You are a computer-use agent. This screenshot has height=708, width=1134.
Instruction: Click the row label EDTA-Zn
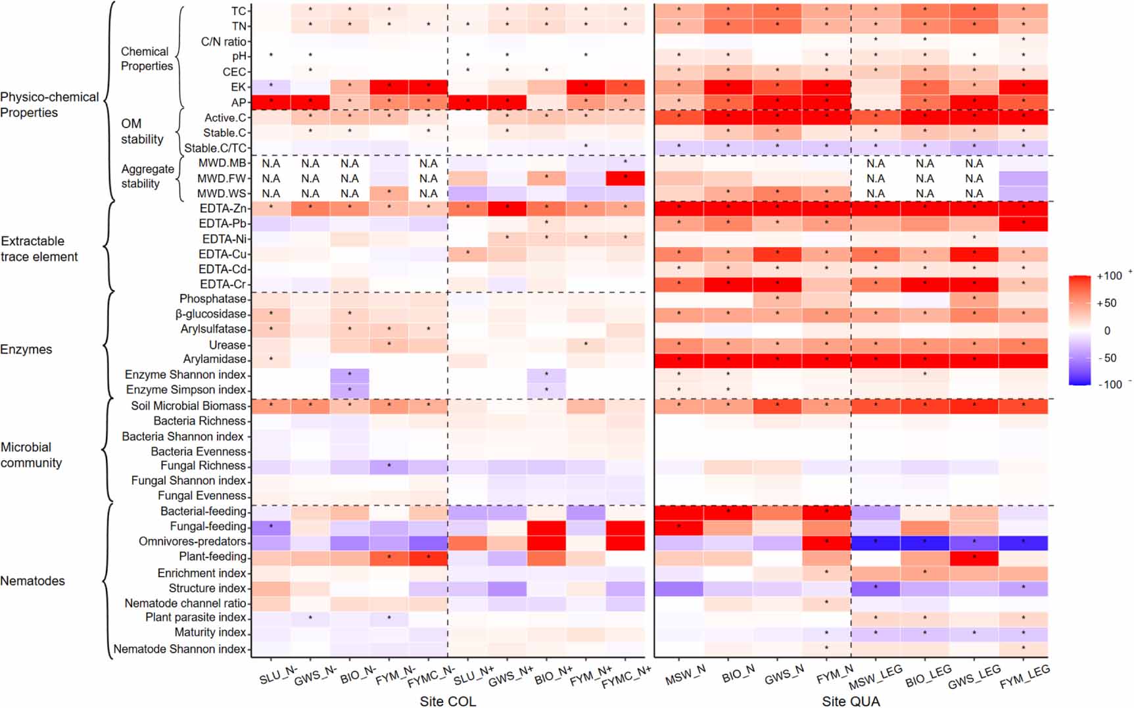click(223, 208)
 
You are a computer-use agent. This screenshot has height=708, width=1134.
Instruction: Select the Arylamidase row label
click(214, 359)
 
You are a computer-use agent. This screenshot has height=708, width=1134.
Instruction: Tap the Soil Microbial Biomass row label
click(188, 406)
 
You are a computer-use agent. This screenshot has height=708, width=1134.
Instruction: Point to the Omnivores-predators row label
click(192, 541)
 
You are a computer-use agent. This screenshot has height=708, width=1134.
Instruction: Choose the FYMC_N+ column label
click(626, 677)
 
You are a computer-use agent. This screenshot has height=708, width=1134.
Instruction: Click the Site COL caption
click(448, 701)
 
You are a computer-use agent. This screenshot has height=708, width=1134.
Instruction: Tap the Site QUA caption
click(850, 701)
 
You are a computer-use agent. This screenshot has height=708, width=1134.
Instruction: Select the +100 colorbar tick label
click(1109, 276)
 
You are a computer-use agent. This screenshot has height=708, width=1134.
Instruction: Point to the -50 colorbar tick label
click(1108, 358)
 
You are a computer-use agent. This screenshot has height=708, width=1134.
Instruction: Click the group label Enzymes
click(26, 349)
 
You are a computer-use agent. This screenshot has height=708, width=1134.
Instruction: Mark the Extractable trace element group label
click(39, 248)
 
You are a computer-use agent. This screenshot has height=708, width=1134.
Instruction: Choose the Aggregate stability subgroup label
click(147, 176)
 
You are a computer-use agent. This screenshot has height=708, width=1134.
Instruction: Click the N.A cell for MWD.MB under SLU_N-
click(271, 163)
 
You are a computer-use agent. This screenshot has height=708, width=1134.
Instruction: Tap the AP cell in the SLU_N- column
click(271, 102)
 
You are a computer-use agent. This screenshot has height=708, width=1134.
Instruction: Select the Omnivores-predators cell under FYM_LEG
click(1023, 542)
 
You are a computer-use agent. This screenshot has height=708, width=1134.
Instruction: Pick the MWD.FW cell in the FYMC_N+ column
click(625, 178)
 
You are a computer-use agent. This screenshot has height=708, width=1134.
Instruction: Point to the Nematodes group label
click(32, 580)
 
